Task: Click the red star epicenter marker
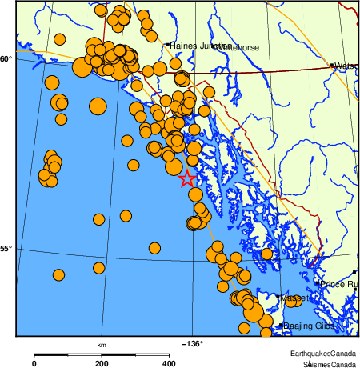click(x=187, y=178)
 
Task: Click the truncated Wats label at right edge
click(x=346, y=66)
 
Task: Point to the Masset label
click(x=296, y=298)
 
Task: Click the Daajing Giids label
click(x=309, y=326)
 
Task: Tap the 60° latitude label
click(x=6, y=58)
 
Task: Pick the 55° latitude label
click(x=6, y=249)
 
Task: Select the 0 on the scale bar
click(x=34, y=363)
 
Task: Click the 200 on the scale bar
click(x=102, y=363)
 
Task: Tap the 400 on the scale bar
click(x=170, y=363)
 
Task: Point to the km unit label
click(x=102, y=345)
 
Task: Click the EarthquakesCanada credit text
click(x=324, y=354)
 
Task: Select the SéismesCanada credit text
click(x=324, y=363)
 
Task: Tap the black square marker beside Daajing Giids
click(x=280, y=326)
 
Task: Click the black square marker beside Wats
click(x=333, y=66)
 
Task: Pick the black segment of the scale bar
click(x=67, y=354)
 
